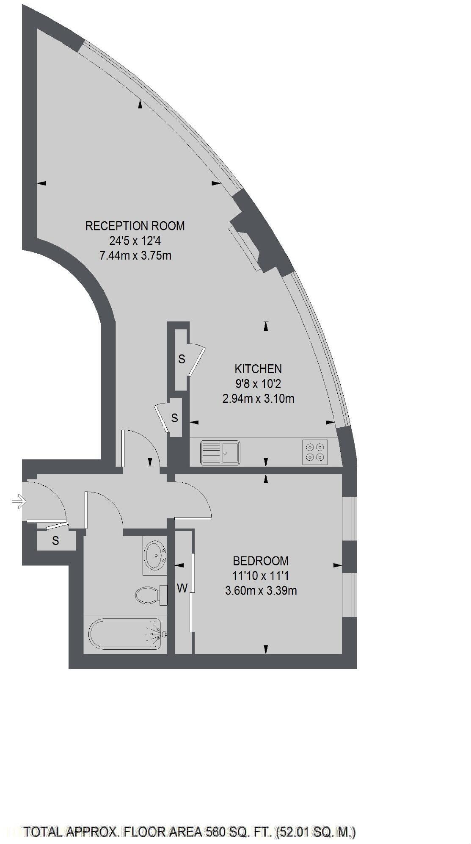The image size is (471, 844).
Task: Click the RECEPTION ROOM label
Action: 135,226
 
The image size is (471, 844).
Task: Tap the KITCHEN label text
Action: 258,368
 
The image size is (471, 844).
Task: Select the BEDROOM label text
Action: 261,561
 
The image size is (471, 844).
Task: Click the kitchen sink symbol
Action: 220,453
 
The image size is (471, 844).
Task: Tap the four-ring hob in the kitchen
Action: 315,452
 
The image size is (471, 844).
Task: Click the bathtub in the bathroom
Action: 125,634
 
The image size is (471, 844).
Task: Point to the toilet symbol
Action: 149,595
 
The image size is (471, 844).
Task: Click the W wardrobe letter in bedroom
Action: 182,588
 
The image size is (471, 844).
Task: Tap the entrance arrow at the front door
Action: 18,502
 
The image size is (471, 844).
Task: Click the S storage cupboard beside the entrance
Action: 55,541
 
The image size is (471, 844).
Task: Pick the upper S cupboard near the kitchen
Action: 182,359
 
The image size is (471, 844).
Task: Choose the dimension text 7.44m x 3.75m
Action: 135,255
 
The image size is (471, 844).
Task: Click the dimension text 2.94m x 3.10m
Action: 258,398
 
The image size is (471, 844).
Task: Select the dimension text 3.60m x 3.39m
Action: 261,590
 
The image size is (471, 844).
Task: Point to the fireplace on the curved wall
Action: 254,237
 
